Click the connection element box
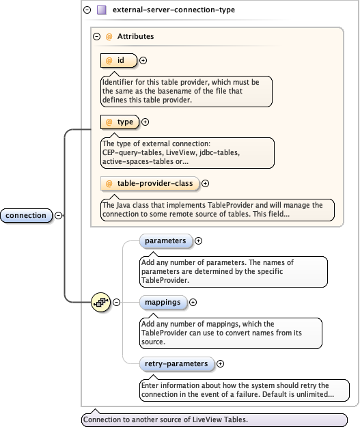coord(27,216)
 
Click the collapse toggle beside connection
coord(59,216)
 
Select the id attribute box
coord(118,61)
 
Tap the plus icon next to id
coord(143,61)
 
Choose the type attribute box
coord(120,122)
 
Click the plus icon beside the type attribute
coord(145,122)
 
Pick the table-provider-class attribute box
coord(150,183)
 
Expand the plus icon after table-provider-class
coord(205,183)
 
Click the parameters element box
coord(165,241)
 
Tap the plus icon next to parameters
coord(199,241)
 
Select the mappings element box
coord(163,302)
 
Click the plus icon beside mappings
coord(193,302)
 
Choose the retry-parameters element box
coord(176,364)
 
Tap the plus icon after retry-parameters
coord(220,364)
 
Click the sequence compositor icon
coord(101,302)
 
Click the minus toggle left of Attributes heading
coord(97,37)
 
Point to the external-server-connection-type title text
coord(165,10)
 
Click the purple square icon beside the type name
coord(101,10)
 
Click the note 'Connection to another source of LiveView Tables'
coord(214,420)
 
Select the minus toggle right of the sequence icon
coord(117,302)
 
